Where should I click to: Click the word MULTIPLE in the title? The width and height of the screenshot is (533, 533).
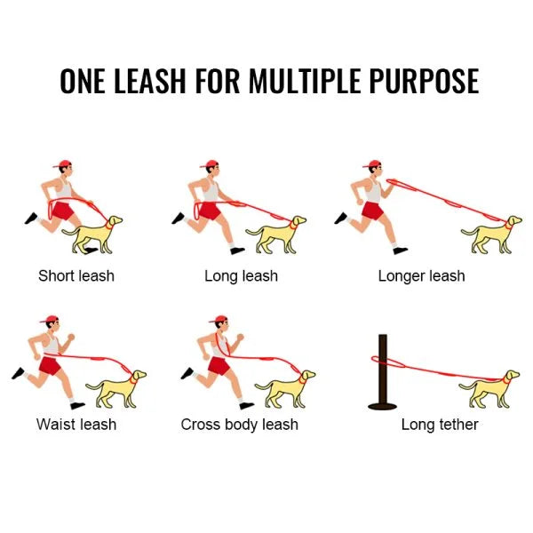pos(305,81)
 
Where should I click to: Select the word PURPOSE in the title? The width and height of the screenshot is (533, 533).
pos(424,81)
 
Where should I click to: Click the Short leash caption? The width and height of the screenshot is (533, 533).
pos(76,275)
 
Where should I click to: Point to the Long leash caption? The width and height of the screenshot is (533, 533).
pos(241,275)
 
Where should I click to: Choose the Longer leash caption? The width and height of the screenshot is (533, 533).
pos(421,275)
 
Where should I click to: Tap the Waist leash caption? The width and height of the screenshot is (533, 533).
pos(76,425)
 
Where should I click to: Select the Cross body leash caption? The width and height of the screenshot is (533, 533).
pos(239,425)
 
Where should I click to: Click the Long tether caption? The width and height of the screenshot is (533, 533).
pos(440,425)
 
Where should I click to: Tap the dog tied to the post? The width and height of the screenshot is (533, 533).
pos(489,390)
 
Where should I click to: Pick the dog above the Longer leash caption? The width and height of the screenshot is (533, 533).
pos(491,235)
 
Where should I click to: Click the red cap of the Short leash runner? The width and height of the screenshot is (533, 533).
pos(62,164)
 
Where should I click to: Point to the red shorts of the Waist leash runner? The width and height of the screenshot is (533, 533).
pos(50,366)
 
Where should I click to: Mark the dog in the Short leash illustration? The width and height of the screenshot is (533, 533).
pos(92,235)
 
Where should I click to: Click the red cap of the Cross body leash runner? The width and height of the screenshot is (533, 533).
pos(219,319)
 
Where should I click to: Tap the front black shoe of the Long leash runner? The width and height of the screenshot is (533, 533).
pos(237,251)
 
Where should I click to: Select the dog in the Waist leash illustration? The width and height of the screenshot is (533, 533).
pos(115,390)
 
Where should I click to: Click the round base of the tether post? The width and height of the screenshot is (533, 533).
pos(383,406)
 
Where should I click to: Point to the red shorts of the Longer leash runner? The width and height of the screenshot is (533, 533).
pos(372,211)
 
